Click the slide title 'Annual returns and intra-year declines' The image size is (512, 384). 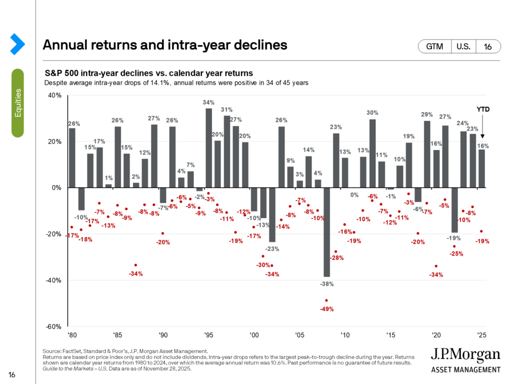[165, 45]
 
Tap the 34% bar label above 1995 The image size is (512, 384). [208, 102]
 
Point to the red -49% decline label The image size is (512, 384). [326, 308]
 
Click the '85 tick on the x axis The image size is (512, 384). [117, 335]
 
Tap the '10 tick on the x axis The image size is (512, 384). [345, 335]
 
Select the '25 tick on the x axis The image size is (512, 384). [481, 335]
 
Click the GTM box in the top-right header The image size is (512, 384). [434, 46]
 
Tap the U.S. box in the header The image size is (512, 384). [463, 46]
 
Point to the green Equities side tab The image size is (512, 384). [18, 102]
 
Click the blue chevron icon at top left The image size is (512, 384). [17, 44]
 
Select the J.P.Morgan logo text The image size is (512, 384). [465, 356]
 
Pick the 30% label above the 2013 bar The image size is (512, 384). [372, 113]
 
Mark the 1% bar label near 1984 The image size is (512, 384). [108, 178]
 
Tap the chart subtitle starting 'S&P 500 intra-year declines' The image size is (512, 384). [148, 73]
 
